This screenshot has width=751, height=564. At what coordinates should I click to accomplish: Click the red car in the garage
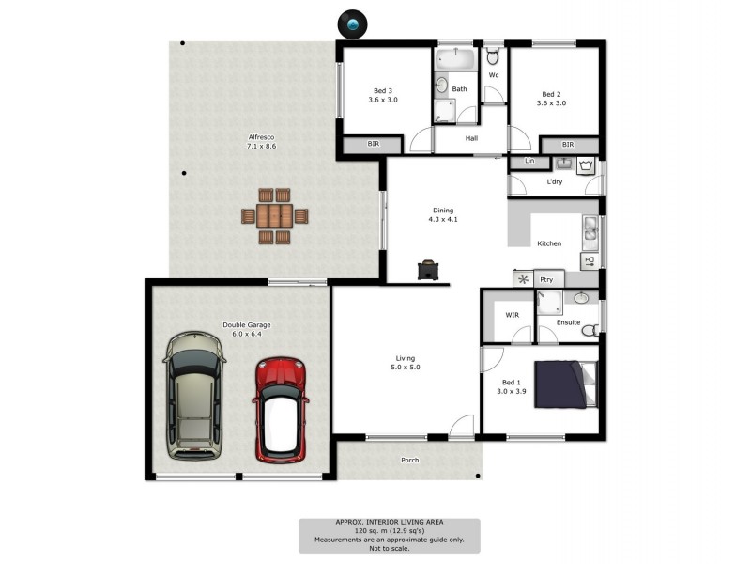tap(281, 409)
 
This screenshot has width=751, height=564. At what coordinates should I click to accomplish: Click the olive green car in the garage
tap(194, 395)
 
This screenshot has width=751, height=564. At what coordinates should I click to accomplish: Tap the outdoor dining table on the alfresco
tap(275, 215)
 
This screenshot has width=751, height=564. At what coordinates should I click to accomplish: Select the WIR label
tap(512, 315)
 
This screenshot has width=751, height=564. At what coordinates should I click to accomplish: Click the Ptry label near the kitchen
tap(545, 279)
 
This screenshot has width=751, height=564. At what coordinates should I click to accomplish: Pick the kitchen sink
tap(590, 228)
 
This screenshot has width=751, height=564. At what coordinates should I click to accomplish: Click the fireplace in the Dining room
tap(428, 271)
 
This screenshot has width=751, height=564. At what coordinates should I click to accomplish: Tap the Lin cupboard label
tap(529, 162)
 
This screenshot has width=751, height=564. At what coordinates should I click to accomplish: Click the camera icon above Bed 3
tap(353, 23)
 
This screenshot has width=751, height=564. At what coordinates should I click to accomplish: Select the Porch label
tap(409, 460)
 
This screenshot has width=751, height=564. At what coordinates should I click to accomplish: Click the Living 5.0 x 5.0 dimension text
tap(406, 368)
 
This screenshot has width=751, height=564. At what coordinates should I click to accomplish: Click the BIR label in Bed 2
tap(568, 145)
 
